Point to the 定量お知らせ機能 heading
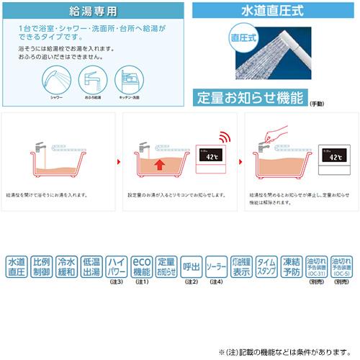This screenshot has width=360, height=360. click(251, 97)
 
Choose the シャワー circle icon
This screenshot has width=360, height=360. click(57, 81)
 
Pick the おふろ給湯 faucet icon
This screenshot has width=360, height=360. click(96, 81)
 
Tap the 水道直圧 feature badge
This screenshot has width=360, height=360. click(17, 267)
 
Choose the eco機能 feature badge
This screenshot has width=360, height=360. click(142, 267)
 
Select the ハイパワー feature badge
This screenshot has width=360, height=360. click(117, 267)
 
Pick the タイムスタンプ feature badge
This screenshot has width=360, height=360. click(266, 267)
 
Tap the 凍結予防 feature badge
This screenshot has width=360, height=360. click(291, 267)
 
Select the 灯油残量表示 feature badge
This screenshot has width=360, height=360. click(241, 267)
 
